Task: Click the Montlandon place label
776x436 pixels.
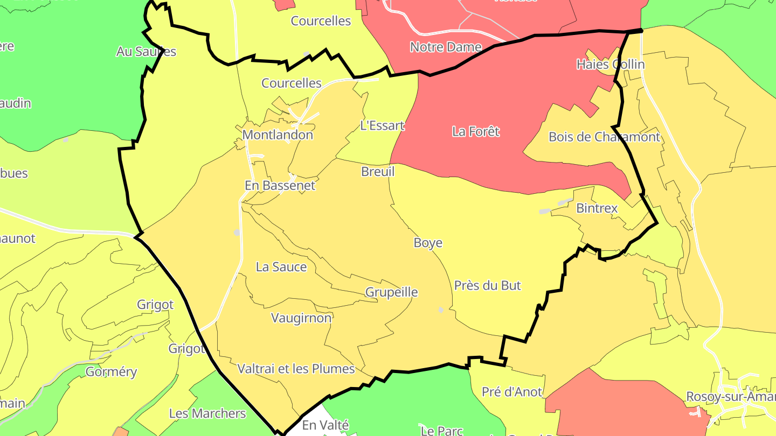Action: coord(278,135)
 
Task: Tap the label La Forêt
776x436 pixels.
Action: coord(476,131)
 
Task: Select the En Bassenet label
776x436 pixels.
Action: coord(280,186)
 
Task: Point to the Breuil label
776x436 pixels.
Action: coord(378,172)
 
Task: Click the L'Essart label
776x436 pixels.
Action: coord(382,126)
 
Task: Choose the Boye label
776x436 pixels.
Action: coord(428,243)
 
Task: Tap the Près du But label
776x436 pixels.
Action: coord(488,285)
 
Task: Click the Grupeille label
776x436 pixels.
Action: coord(392,292)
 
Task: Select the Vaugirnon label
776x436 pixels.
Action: coord(301,318)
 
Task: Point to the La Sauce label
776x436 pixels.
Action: coord(281,267)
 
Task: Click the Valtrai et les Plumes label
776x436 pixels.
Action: coord(296,369)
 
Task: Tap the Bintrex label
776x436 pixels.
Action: coord(597,208)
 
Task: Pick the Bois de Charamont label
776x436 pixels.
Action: coord(604,137)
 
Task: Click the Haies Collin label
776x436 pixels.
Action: coord(611,65)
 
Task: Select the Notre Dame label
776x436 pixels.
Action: coord(446,47)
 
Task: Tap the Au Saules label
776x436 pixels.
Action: coord(146,52)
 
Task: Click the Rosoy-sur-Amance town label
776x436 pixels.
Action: coord(731,397)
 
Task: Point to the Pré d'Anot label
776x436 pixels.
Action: coord(512,392)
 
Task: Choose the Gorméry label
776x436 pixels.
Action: coord(112,372)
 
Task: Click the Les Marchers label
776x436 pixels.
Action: coord(207,413)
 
